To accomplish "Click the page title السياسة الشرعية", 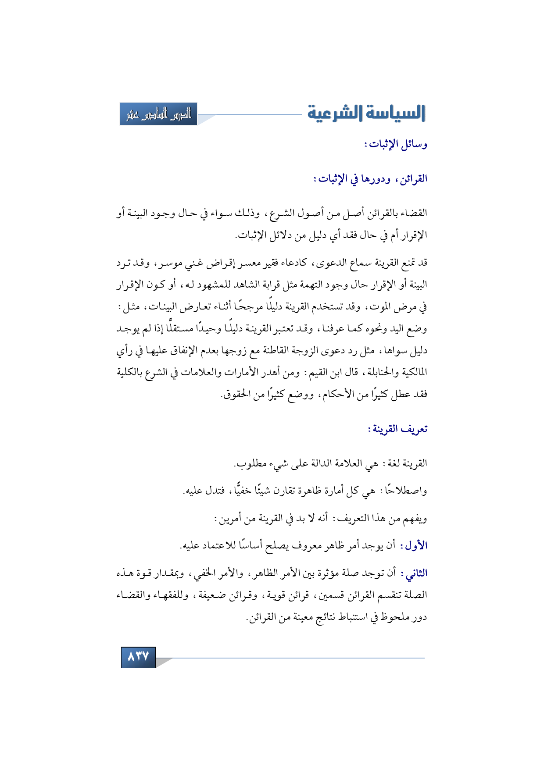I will pyautogui.click(x=366, y=114).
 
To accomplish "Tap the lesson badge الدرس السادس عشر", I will pyautogui.click(x=158, y=114).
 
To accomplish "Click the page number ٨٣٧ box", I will pyautogui.click(x=139, y=657).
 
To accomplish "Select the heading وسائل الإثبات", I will pyautogui.click(x=396, y=144).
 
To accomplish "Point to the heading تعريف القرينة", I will pyautogui.click(x=397, y=429).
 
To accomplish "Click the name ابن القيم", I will pyautogui.click(x=324, y=373).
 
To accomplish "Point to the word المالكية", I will pyautogui.click(x=408, y=373).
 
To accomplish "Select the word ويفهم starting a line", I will pyautogui.click(x=415, y=519).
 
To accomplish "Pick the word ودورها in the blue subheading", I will pyautogui.click(x=374, y=179).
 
